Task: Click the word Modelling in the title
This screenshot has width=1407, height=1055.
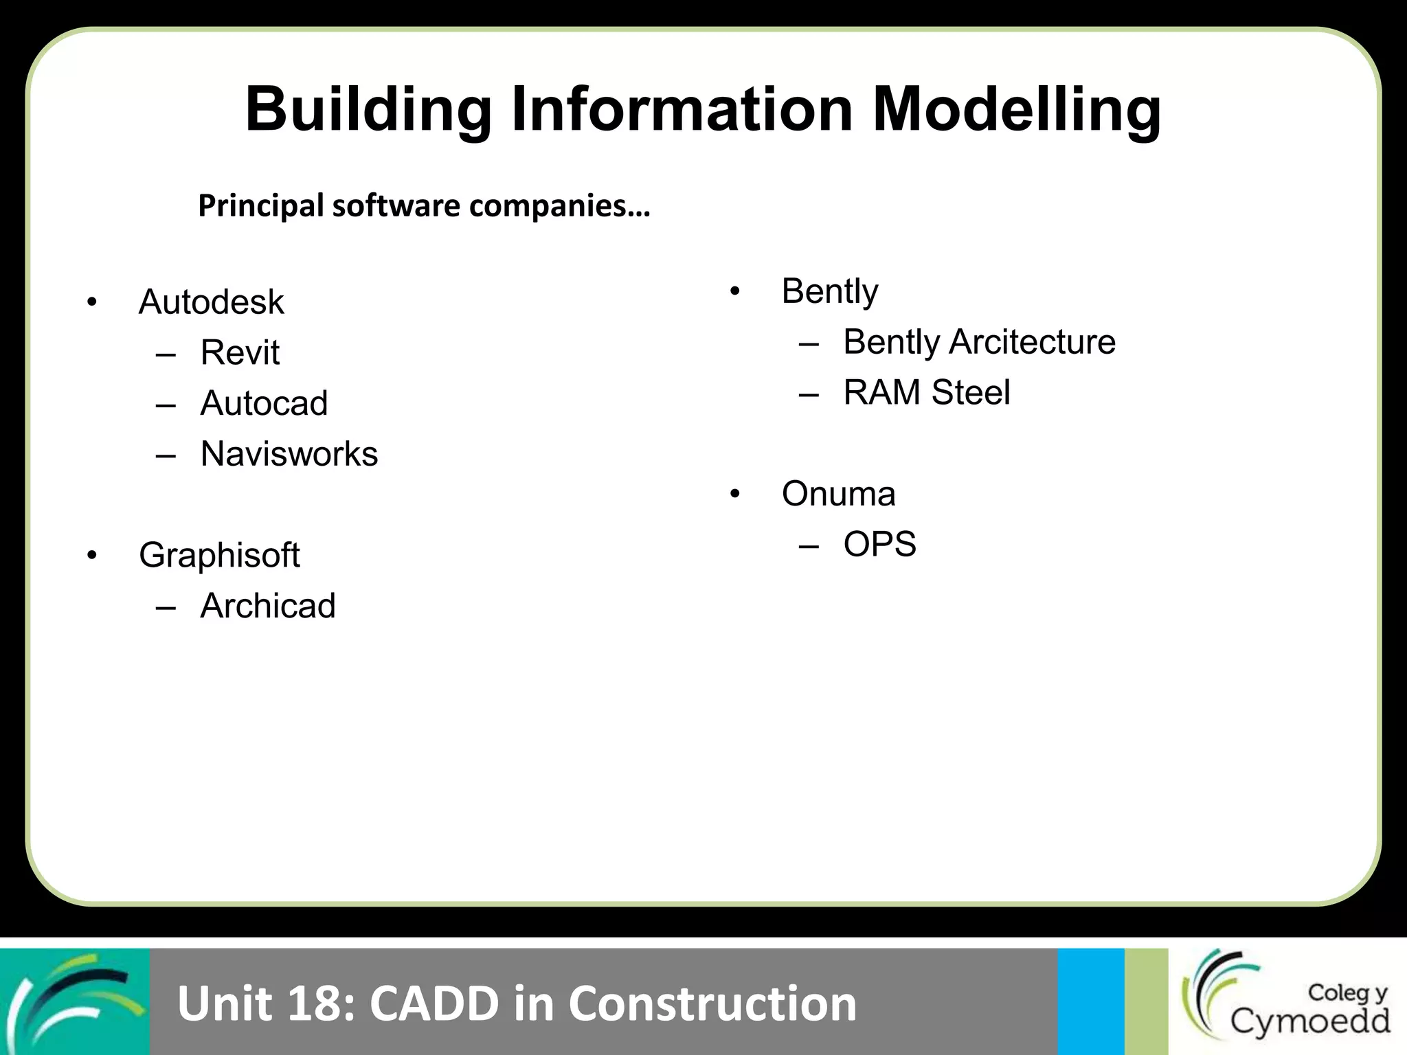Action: [x=1017, y=110]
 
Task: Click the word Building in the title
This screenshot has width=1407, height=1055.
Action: [x=368, y=110]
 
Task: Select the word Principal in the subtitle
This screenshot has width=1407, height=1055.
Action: [x=261, y=206]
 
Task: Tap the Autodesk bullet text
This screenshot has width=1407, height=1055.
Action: [x=211, y=302]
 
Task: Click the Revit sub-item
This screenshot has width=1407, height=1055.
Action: [x=240, y=353]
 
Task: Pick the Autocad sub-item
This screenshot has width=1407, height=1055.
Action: [x=264, y=403]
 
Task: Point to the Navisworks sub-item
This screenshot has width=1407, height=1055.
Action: [x=289, y=454]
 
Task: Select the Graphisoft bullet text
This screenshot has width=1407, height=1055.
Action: [x=219, y=555]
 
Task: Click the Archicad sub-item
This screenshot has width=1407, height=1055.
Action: [x=268, y=606]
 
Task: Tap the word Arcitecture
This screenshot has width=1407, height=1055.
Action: [x=1032, y=342]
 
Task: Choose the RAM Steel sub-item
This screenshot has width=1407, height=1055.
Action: [x=926, y=393]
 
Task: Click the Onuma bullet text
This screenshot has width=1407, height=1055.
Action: [x=838, y=494]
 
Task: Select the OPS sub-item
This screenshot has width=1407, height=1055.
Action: [x=879, y=545]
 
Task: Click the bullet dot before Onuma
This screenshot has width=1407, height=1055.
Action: [x=735, y=495]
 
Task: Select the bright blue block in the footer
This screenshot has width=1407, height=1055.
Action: [x=1090, y=1001]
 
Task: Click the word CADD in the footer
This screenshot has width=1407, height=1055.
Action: [x=434, y=1003]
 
